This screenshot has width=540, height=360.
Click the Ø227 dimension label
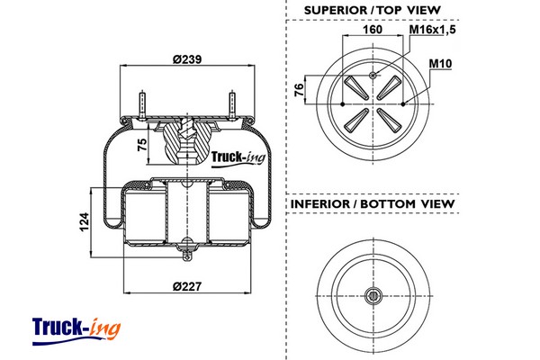pyautogui.click(x=186, y=287)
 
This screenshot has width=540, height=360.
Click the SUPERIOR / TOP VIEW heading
pyautogui.click(x=372, y=10)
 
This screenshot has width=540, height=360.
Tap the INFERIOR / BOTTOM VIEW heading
pyautogui.click(x=372, y=204)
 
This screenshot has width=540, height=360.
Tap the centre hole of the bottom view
pyautogui.click(x=373, y=293)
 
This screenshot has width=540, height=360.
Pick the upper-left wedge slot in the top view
pyautogui.click(x=355, y=88)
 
